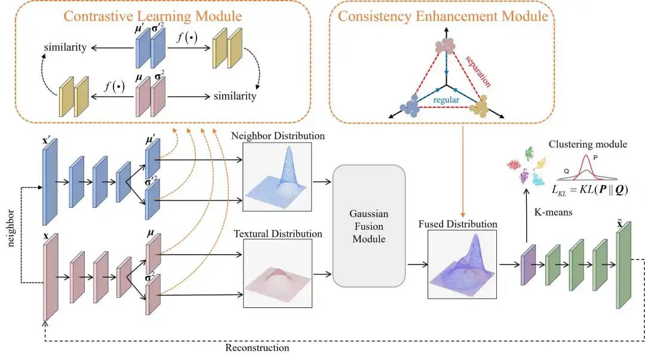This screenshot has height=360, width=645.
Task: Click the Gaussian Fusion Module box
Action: pos(368,226)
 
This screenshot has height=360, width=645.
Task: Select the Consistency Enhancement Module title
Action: pos(443,16)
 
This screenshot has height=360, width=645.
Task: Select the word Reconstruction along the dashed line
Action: pos(257,347)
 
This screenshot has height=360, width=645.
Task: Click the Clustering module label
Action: pos(586,144)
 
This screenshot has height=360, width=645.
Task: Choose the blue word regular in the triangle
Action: pos(446,100)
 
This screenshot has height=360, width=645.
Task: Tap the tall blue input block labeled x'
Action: pos(49,182)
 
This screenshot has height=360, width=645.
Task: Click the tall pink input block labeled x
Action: pos(50,278)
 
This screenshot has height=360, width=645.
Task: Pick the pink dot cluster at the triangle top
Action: pos(445,47)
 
